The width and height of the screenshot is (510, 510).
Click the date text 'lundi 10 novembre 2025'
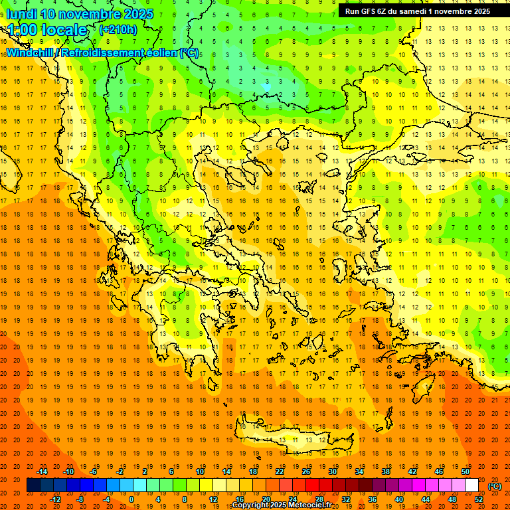pyautogui.click(x=80, y=14)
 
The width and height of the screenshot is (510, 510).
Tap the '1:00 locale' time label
pyautogui.click(x=48, y=30)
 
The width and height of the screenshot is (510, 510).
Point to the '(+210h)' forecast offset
pyautogui.click(x=118, y=29)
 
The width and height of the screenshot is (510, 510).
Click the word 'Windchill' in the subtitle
pyautogui.click(x=30, y=52)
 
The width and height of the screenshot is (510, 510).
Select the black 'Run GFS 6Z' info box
pyautogui.click(x=418, y=11)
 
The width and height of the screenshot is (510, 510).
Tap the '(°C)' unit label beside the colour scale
pyautogui.click(x=494, y=486)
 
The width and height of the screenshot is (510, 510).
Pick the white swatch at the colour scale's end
pyautogui.click(x=471, y=485)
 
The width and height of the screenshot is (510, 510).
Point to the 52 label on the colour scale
pyautogui.click(x=478, y=499)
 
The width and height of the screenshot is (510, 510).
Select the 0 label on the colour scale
pyautogui.click(x=131, y=499)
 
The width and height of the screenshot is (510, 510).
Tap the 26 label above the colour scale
pyautogui.click(x=305, y=471)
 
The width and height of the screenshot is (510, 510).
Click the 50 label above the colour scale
pyautogui.click(x=465, y=471)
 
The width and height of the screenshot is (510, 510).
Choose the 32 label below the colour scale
pyautogui.click(x=345, y=499)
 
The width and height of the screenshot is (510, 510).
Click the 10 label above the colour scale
pyautogui.click(x=199, y=471)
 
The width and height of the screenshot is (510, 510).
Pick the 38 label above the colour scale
pyautogui.click(x=385, y=471)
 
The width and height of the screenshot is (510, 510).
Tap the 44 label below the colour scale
pyautogui.click(x=425, y=499)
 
